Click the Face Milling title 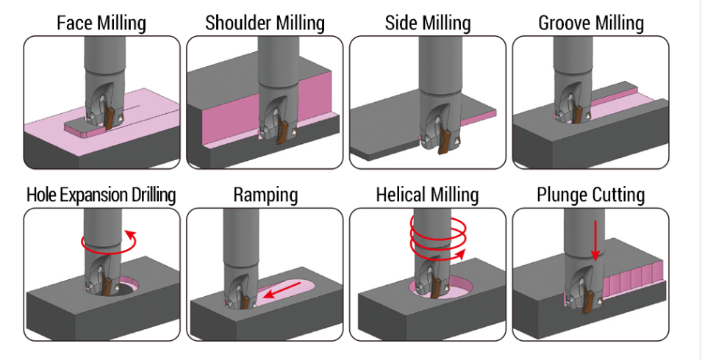coord(101,23)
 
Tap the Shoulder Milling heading coord(265,23)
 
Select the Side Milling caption coord(427,23)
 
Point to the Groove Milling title coord(591,23)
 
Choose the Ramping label coord(265,195)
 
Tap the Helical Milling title coord(427,195)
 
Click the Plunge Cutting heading coord(591,195)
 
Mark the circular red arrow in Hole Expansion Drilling coord(110,240)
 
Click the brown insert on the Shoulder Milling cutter coord(281,132)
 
